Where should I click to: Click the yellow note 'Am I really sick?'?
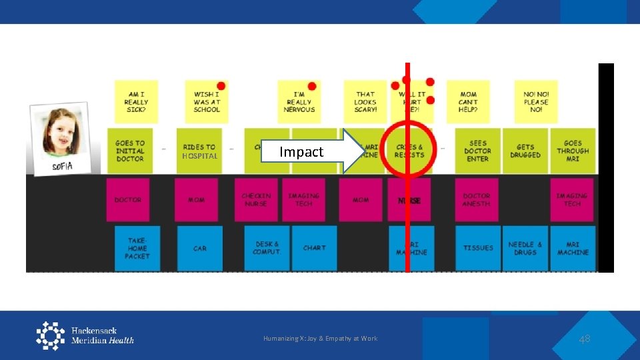(136, 102)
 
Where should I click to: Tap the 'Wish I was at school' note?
(207, 102)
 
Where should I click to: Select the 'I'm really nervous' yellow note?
(299, 102)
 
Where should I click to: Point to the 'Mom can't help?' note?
(469, 102)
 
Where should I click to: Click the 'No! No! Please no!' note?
(536, 102)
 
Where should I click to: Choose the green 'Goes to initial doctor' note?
(130, 151)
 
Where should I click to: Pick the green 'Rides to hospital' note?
(199, 151)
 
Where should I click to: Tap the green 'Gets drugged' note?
(525, 151)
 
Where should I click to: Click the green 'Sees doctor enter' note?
(478, 151)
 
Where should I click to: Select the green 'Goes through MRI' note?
(573, 151)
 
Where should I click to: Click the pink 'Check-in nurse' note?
(257, 199)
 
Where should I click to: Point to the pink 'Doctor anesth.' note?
(477, 199)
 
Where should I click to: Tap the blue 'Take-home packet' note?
(137, 248)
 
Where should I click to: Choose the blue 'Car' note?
(200, 248)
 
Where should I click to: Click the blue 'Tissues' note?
(478, 248)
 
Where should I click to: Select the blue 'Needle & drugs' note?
(525, 248)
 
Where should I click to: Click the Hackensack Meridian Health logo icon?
(50, 335)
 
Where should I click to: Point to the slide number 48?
(585, 339)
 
